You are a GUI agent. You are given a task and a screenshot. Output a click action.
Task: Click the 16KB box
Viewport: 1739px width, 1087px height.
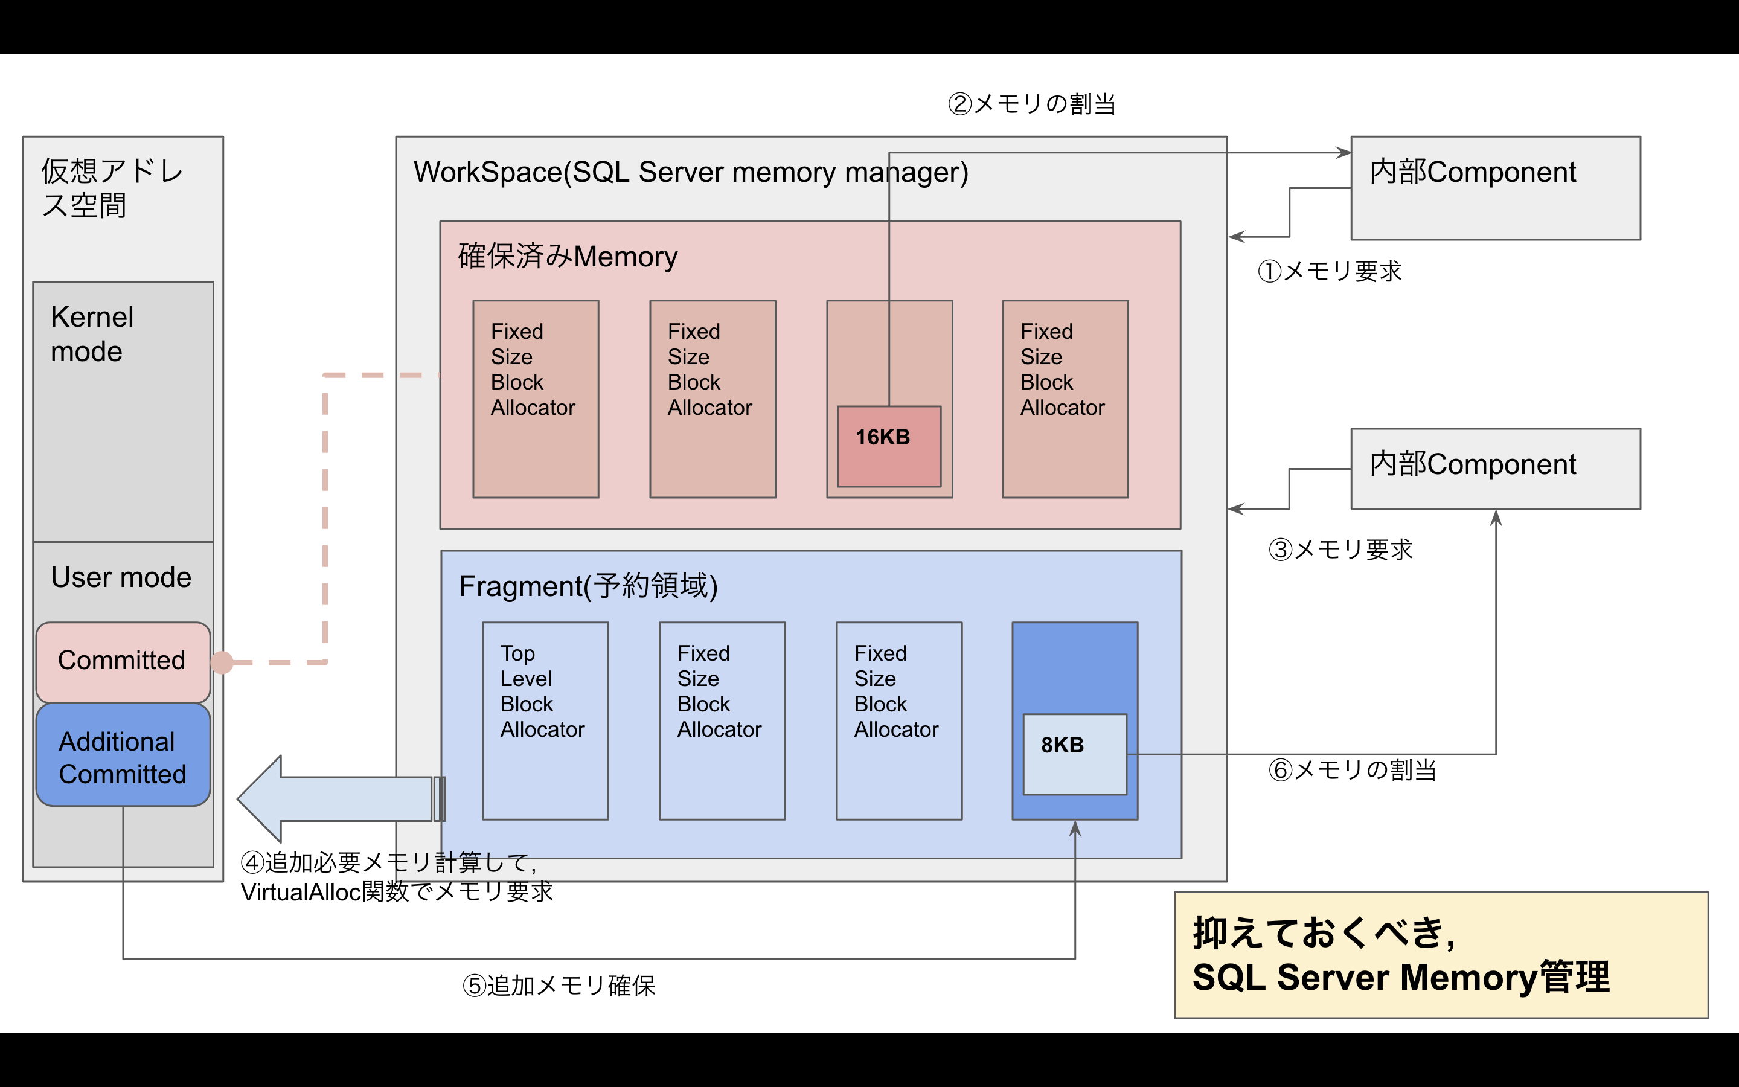pyautogui.click(x=889, y=446)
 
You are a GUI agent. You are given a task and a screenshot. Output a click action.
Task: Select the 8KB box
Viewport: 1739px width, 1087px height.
pyautogui.click(x=1074, y=754)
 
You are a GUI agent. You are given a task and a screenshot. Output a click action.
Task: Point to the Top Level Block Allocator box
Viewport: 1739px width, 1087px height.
pyautogui.click(x=545, y=720)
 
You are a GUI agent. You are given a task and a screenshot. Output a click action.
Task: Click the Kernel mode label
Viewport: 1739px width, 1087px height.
pyautogui.click(x=92, y=335)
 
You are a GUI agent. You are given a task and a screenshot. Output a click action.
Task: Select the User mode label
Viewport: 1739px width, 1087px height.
pyautogui.click(x=121, y=577)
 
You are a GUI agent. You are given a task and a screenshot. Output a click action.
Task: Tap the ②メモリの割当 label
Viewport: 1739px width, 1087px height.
pyautogui.click(x=1031, y=104)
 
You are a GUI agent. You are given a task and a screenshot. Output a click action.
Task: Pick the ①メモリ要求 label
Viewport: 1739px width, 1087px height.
pyautogui.click(x=1330, y=272)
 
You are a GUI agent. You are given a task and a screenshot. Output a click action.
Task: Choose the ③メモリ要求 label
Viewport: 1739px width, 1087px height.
pyautogui.click(x=1340, y=550)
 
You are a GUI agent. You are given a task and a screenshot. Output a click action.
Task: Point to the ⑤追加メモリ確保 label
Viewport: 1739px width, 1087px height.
pyautogui.click(x=559, y=986)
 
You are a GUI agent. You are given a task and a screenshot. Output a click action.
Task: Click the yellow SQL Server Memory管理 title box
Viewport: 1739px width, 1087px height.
pyautogui.click(x=1441, y=955)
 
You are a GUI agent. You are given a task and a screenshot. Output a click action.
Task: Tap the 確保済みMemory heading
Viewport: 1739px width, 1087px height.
pyautogui.click(x=568, y=257)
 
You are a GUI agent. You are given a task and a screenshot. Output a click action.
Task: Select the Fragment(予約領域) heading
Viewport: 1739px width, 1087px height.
pyautogui.click(x=588, y=586)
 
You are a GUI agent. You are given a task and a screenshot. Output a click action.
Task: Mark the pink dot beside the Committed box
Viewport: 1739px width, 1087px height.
pyautogui.click(x=222, y=662)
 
